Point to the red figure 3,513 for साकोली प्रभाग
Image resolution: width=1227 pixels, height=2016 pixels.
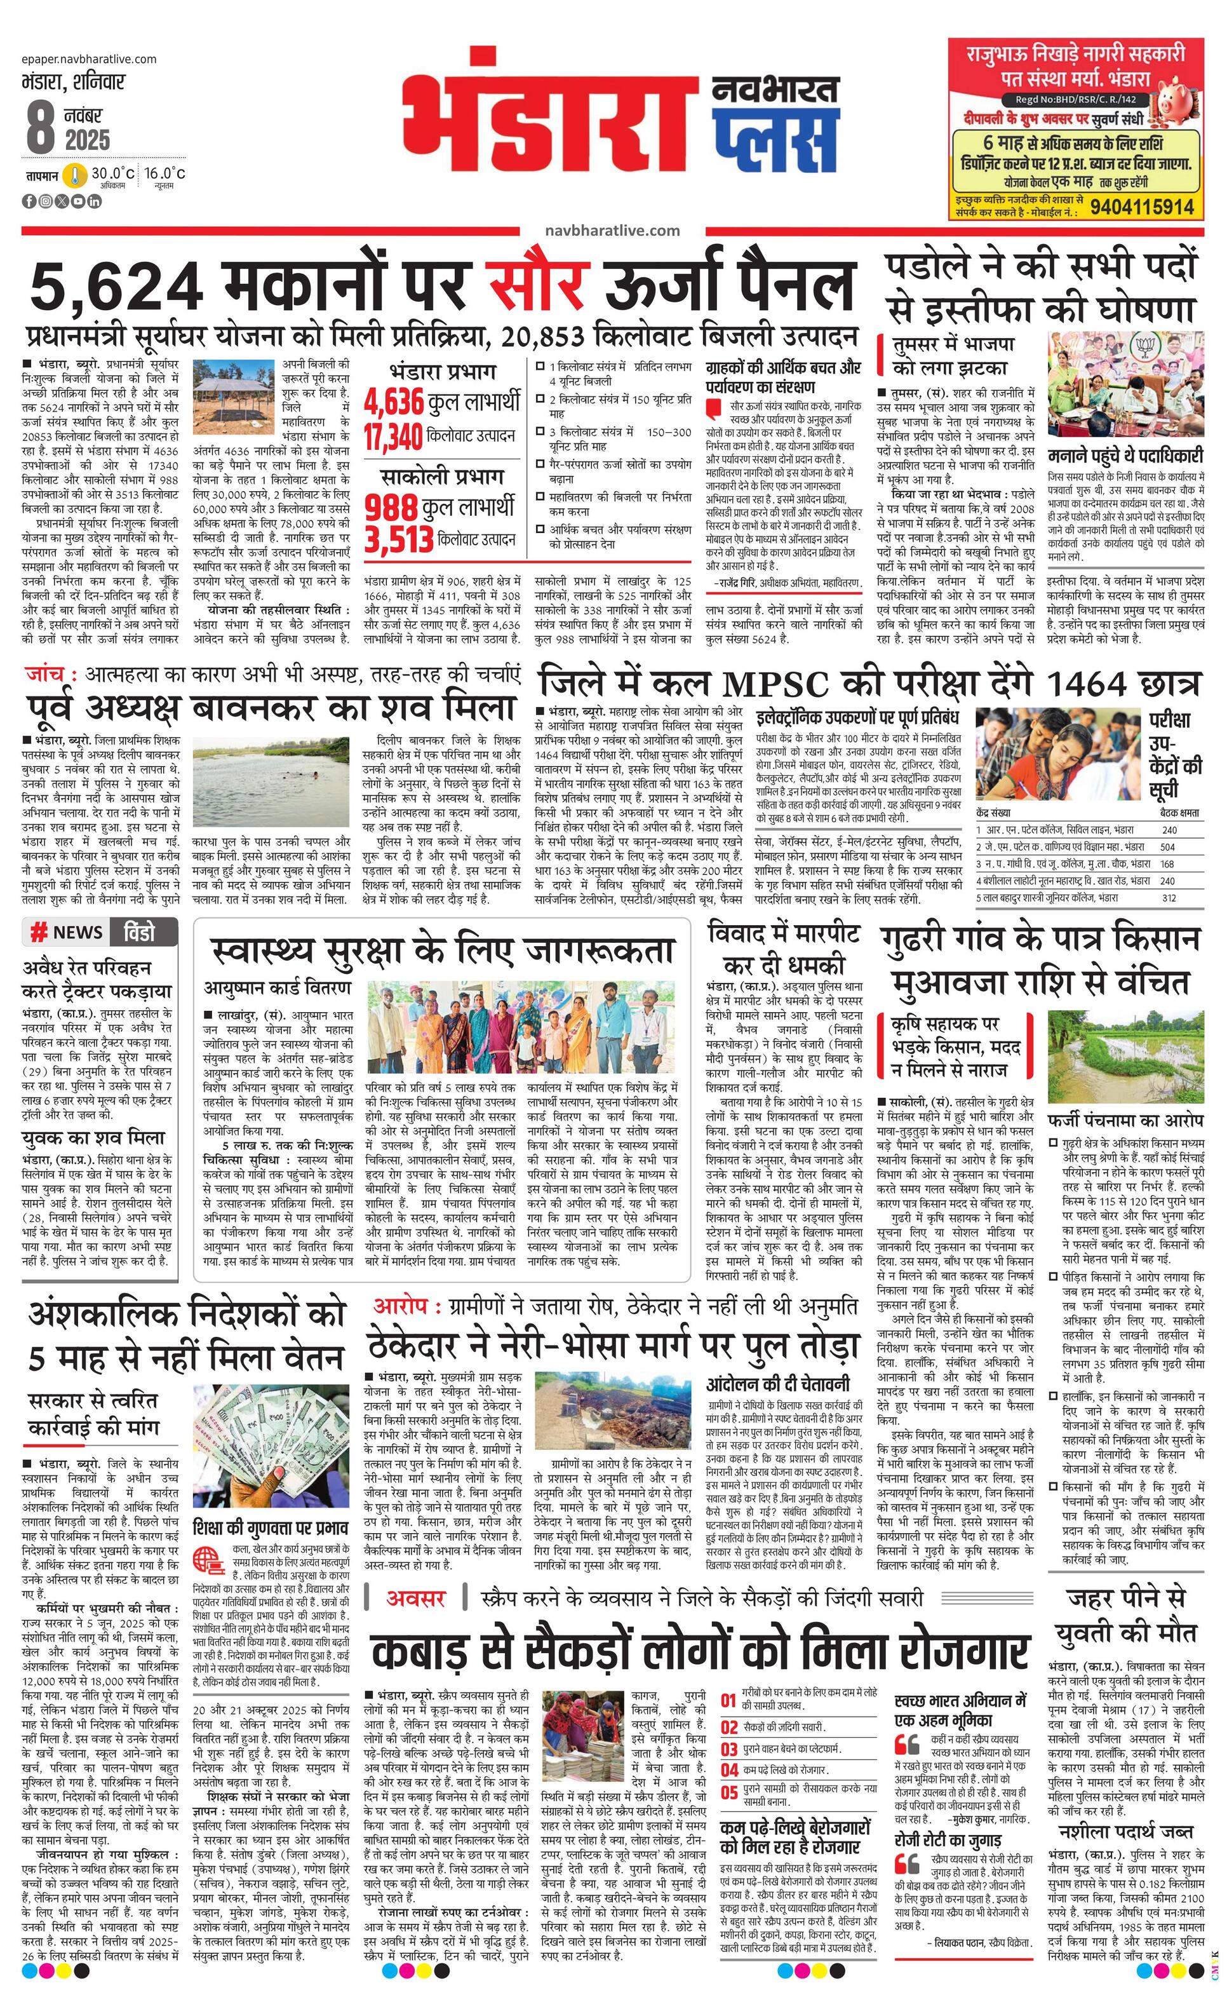coord(398,540)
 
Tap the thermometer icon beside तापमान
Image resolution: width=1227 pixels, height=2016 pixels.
coord(76,176)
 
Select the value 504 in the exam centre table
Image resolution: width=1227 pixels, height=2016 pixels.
coord(1167,847)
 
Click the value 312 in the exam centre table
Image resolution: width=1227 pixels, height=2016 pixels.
coord(1167,898)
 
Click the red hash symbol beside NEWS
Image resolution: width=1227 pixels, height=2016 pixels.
coord(37,932)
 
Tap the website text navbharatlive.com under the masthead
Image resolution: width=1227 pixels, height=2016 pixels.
coord(612,231)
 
